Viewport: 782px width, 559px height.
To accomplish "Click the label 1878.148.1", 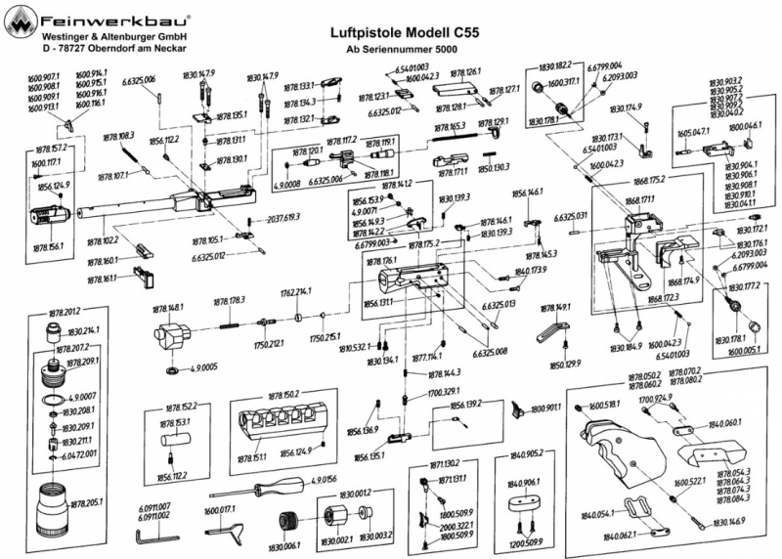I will pyautogui.click(x=167, y=308).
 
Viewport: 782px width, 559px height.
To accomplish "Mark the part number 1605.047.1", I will pyautogui.click(x=693, y=130).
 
